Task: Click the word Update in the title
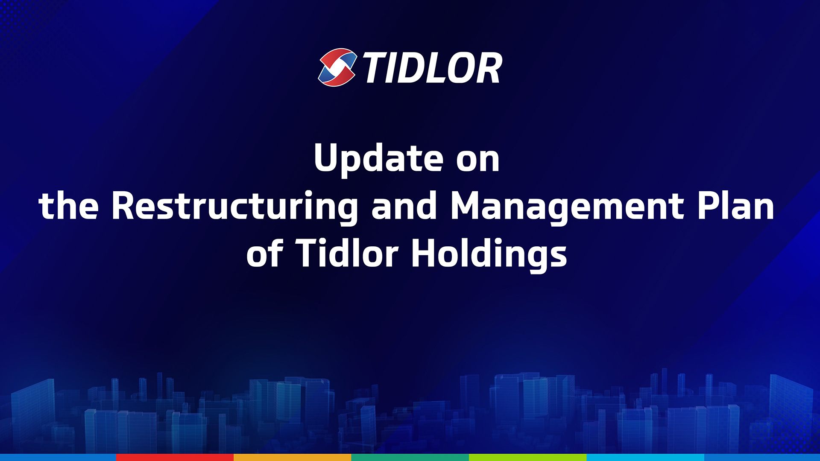point(378,159)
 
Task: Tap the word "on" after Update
point(477,160)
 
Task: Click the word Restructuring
point(235,207)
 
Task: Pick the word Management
point(568,207)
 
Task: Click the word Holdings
point(489,255)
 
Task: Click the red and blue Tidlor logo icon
point(337,67)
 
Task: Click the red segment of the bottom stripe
point(175,458)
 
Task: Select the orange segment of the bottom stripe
point(293,458)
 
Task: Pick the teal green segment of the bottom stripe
point(410,458)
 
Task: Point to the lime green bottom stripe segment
point(527,458)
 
